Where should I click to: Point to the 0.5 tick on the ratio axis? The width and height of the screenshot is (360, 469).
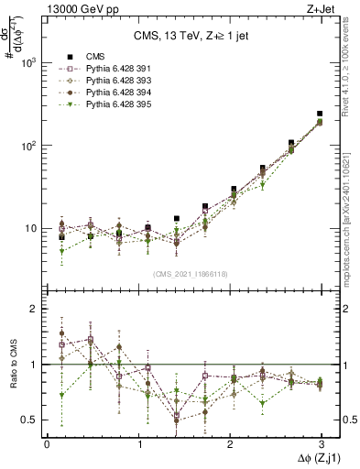29,420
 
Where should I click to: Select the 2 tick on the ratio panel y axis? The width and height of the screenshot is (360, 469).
34,309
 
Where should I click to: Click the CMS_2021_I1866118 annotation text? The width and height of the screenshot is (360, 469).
191,273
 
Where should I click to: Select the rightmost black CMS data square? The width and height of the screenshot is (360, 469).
320,114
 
